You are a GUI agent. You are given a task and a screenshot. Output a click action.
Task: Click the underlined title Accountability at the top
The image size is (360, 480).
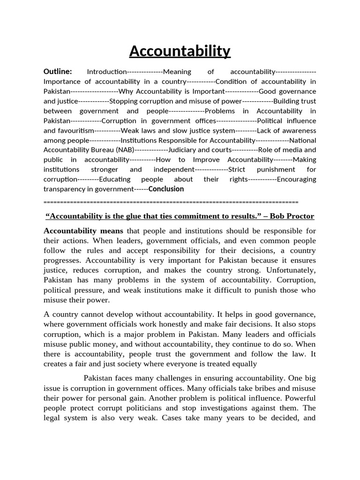coord(180,51)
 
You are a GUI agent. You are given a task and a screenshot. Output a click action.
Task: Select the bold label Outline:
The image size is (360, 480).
coord(58,71)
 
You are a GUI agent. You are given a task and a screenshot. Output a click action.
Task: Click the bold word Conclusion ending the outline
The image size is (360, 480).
coord(166,189)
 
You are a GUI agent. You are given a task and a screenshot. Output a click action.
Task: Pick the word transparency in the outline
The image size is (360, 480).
coord(65,189)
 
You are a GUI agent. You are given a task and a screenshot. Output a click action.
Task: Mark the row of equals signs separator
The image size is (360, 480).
coord(171,202)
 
